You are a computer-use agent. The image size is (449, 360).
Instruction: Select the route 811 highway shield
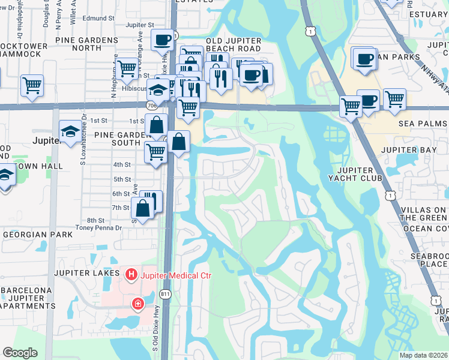click(166, 293)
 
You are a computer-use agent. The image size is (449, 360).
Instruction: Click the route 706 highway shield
click(151, 105)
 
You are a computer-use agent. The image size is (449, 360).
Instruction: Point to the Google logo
click(20, 353)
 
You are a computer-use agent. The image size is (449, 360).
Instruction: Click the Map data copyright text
click(424, 355)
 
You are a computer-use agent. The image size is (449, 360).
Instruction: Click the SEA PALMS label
click(424, 123)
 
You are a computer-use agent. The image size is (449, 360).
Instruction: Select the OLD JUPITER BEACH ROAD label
click(234, 45)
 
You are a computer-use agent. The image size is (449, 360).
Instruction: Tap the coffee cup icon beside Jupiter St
click(161, 40)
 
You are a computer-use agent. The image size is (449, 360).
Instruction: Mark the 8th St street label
click(95, 220)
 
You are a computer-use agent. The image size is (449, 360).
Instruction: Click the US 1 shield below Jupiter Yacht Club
click(391, 196)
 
